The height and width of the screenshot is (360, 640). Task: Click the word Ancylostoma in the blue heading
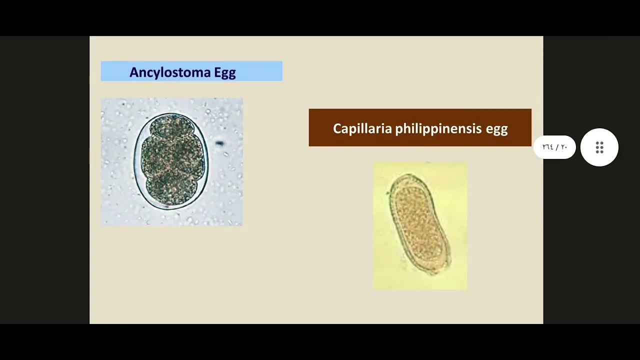(170, 72)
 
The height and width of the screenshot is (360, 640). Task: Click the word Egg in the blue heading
(225, 73)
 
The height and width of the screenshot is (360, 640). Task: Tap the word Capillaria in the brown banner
(362, 128)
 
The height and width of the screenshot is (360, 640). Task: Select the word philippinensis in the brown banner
(438, 129)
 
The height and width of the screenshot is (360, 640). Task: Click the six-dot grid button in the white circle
(599, 147)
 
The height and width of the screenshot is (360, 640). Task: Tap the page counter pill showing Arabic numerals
(554, 147)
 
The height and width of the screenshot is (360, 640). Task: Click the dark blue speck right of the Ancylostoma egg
(219, 143)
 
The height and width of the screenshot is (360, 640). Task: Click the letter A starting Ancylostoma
(134, 72)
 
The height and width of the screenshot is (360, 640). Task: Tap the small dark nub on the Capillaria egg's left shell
(388, 193)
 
